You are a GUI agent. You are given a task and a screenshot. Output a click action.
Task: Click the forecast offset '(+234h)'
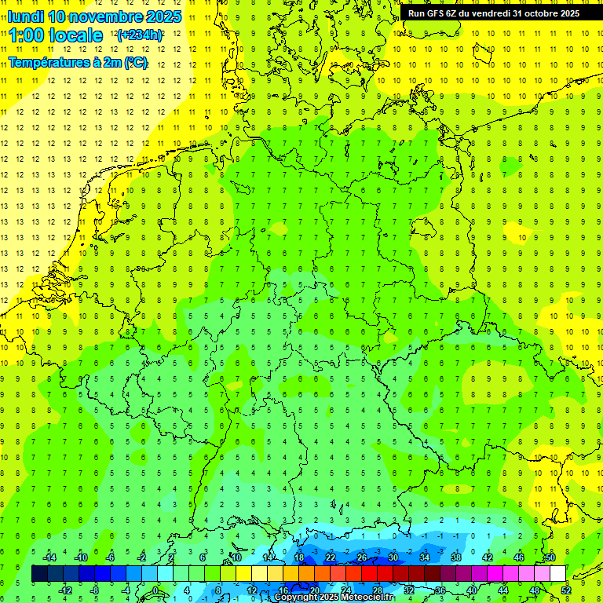pyautogui.click(x=140, y=35)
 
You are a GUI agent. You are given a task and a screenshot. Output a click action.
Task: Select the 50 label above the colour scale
pyautogui.click(x=550, y=557)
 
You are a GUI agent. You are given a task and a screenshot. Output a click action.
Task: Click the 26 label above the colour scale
pyautogui.click(x=362, y=557)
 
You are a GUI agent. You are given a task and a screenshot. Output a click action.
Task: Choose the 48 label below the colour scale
pyautogui.click(x=535, y=590)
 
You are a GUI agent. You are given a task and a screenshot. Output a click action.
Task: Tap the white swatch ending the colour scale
pyautogui.click(x=558, y=574)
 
